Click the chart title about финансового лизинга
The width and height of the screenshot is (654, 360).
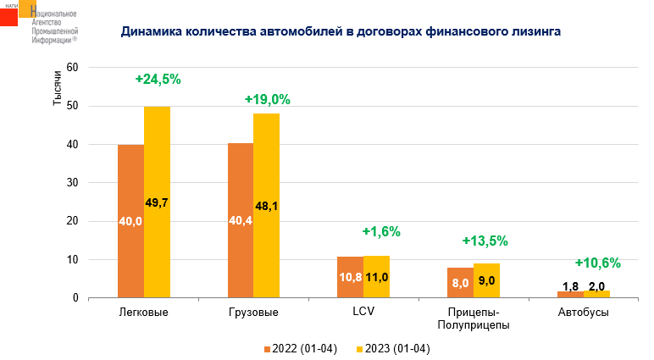tap(341, 32)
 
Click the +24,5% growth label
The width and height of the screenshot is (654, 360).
tap(158, 80)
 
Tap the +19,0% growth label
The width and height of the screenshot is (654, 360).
tap(268, 99)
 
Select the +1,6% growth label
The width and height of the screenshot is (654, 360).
tap(380, 231)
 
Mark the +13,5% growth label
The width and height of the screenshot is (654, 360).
tap(485, 241)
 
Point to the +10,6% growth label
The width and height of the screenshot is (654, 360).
tap(598, 263)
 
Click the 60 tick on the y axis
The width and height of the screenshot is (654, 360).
tap(73, 68)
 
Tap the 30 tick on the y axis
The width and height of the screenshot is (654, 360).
tap(73, 183)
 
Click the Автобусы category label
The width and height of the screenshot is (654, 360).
tap(583, 313)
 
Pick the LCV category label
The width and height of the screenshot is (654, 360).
tap(363, 312)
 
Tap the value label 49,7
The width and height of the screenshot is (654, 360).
tap(158, 202)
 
